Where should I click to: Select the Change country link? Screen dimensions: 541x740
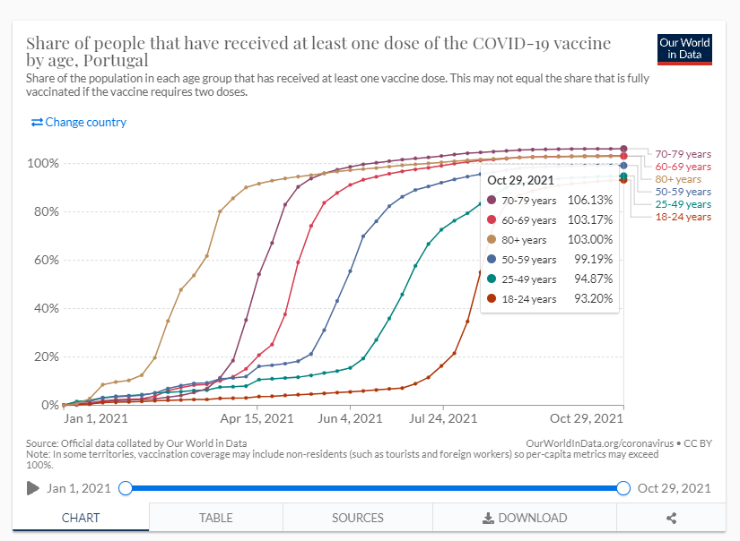(79, 122)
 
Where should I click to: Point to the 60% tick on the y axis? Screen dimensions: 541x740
(45, 261)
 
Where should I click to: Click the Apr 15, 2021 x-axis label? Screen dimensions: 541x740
(257, 418)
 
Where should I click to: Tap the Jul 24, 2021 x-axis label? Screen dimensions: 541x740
(442, 418)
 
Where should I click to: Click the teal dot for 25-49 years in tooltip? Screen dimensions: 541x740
(492, 279)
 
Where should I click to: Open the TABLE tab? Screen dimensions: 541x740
(216, 518)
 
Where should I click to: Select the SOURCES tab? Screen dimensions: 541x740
(358, 518)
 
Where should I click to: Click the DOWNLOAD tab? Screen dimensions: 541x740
(525, 518)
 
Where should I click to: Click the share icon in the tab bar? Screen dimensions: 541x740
(672, 518)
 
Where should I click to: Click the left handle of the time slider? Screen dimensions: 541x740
(126, 488)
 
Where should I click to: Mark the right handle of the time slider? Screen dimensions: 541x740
(623, 488)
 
